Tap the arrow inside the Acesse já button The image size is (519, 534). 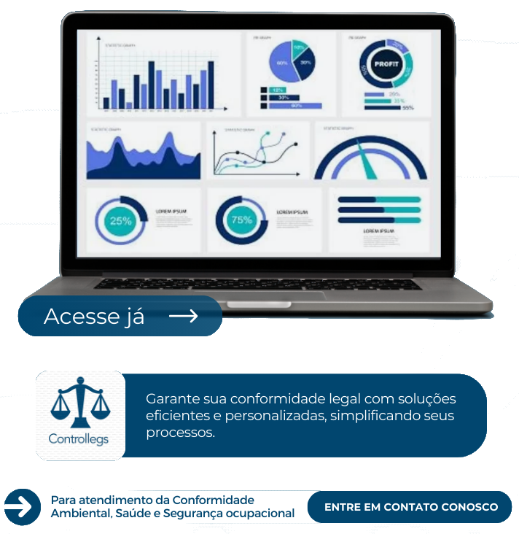click(183, 316)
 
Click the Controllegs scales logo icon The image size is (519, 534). click(78, 403)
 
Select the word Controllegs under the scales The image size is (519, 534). click(78, 439)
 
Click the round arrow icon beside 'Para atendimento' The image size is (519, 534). click(22, 506)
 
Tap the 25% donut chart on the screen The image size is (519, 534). click(120, 220)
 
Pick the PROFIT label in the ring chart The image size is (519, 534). click(387, 64)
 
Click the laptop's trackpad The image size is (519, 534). click(275, 295)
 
